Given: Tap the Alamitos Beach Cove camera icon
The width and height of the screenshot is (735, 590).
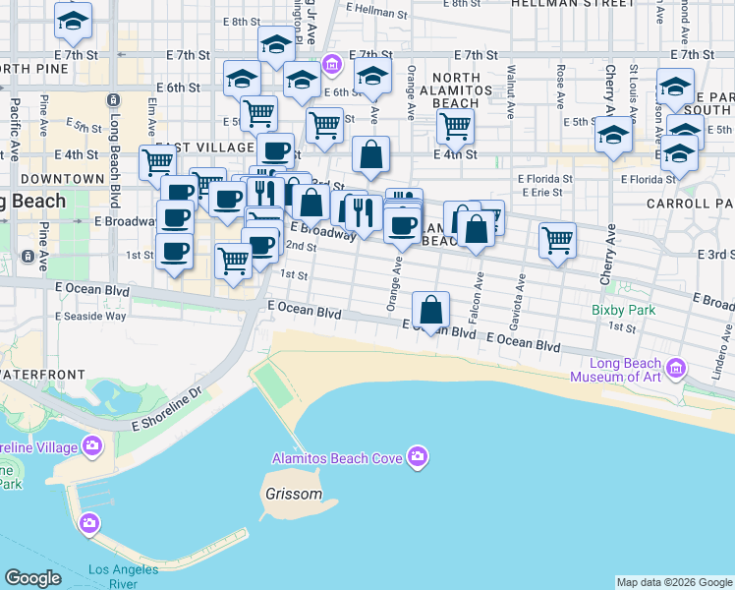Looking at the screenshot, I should (418, 455).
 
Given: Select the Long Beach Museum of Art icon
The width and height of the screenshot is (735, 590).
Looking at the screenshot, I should (676, 369).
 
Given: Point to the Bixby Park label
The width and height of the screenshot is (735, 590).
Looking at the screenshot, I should (624, 309).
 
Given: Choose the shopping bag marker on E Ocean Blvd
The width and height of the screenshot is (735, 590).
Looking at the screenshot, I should (430, 310).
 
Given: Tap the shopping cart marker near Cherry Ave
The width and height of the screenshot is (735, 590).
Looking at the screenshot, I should (557, 240).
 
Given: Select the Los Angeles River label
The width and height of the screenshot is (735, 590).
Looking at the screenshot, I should (124, 576).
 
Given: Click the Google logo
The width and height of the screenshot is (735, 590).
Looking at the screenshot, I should (32, 578).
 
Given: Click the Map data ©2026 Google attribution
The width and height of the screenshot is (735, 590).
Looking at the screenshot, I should (674, 582).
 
